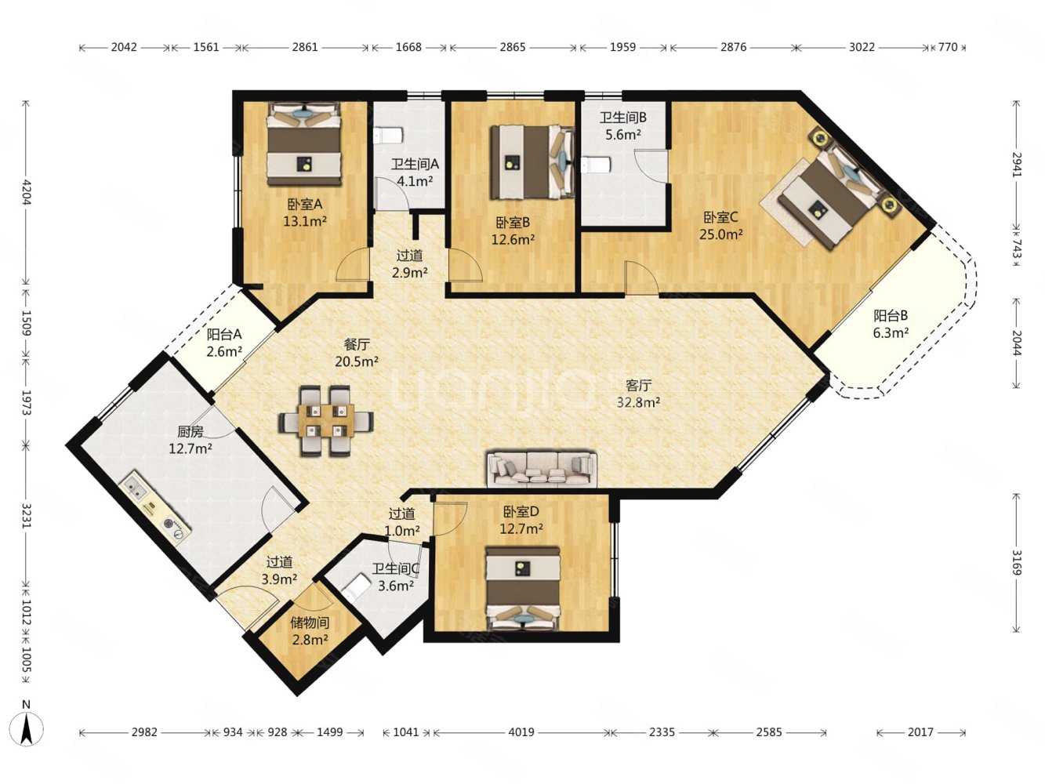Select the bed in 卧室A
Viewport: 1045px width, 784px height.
pos(303,143)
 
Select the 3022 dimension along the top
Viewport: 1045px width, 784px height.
pos(862,47)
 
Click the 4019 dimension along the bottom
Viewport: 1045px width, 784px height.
pos(521,732)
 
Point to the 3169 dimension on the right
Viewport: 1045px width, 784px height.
pos(1016,563)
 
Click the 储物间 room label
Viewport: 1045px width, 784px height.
pos(310,622)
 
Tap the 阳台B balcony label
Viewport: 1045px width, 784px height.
pos(891,316)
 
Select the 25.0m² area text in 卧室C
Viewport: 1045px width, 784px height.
pos(720,234)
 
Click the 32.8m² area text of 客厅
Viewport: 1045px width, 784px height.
pos(638,403)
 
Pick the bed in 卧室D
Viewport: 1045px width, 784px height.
pos(523,589)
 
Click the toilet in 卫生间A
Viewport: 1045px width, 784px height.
pos(388,136)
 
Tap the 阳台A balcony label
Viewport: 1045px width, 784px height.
pos(223,335)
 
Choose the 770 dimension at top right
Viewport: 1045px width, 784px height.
pos(947,47)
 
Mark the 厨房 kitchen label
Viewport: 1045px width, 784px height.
pos(190,432)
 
